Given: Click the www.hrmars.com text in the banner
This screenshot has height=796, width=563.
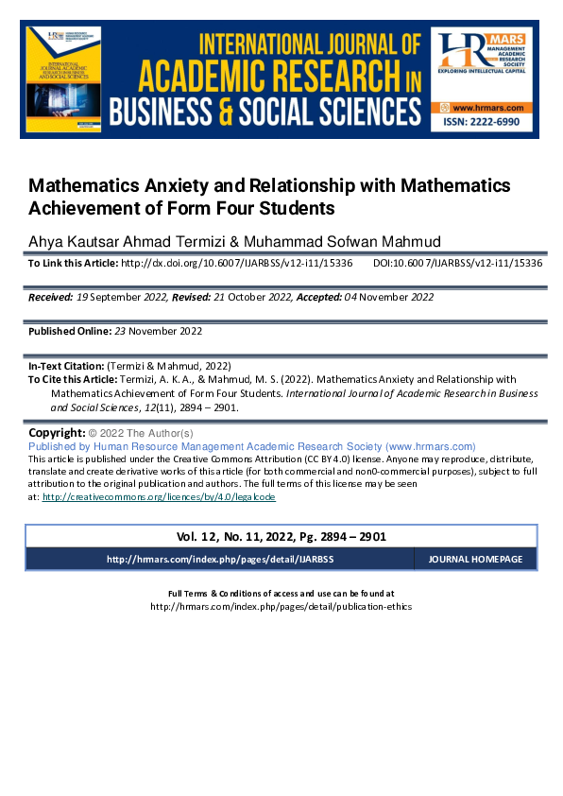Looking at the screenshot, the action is [x=488, y=110].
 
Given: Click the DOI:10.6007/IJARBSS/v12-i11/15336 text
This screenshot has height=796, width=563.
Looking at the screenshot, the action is [x=457, y=263].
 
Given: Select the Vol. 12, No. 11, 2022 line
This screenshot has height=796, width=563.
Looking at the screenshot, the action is [x=281, y=536].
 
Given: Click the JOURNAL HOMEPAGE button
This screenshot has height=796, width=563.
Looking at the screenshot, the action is [x=475, y=560].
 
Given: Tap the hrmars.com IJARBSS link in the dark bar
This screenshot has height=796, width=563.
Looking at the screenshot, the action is [x=219, y=560].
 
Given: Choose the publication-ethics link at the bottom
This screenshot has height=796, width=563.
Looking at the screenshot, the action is [x=281, y=606].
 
